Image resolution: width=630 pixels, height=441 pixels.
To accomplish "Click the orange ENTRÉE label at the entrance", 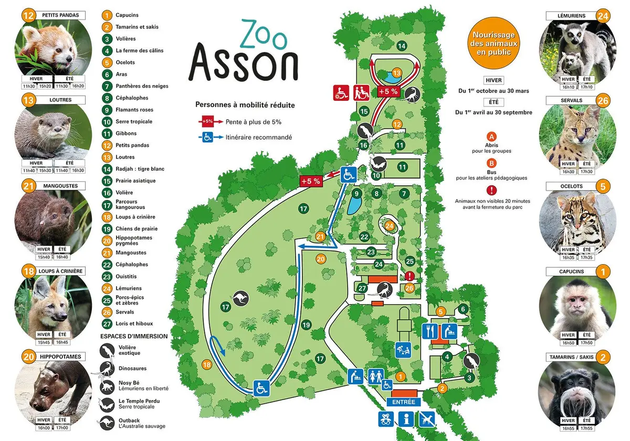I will tap(404, 402).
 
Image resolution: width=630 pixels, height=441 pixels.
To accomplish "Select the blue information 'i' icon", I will tap(405, 419).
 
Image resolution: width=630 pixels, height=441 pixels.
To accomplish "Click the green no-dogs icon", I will tap(426, 419).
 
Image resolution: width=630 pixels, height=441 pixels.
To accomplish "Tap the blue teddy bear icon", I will tap(386, 419).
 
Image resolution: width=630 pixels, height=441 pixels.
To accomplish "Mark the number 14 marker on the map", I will tap(402, 46).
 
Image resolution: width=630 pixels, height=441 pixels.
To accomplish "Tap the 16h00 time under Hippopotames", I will tap(44, 428).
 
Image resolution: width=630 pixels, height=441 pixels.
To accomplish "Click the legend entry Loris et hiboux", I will tap(134, 324).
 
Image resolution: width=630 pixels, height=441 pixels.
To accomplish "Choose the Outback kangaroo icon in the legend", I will tap(107, 423).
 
